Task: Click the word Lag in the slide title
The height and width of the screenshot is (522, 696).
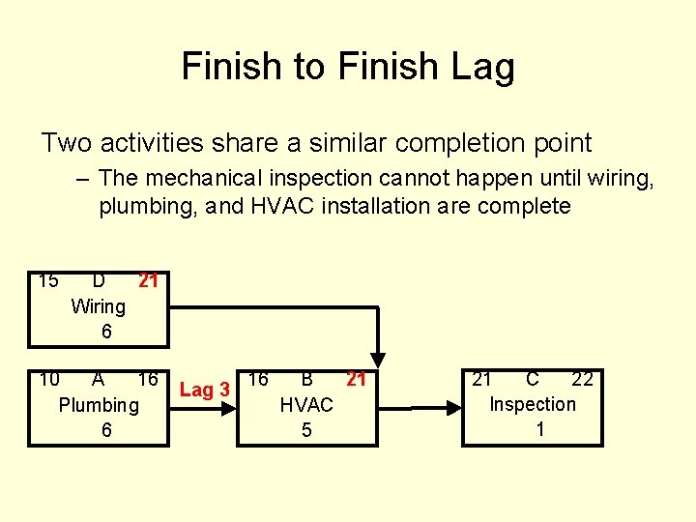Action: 481,68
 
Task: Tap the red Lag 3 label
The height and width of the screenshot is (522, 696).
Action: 204,390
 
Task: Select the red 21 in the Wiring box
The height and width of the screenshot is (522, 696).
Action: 148,281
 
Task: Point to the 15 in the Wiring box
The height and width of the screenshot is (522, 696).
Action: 48,281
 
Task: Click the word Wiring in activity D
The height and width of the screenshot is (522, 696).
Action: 99,306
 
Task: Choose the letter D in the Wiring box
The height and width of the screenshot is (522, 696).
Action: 99,281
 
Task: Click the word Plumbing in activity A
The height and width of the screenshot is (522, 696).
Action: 99,405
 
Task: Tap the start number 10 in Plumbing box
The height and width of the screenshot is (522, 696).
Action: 49,379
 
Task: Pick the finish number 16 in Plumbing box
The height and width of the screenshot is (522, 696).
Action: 148,379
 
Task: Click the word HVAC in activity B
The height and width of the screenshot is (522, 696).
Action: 306,405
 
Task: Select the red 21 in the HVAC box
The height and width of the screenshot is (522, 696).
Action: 357,379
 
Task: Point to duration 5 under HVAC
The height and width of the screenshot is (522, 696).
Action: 306,430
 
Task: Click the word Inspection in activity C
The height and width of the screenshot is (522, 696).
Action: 533,404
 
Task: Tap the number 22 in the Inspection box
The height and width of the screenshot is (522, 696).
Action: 582,379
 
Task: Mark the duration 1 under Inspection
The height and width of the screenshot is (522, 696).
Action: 539,429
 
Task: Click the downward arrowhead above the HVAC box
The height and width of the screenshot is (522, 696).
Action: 380,358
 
